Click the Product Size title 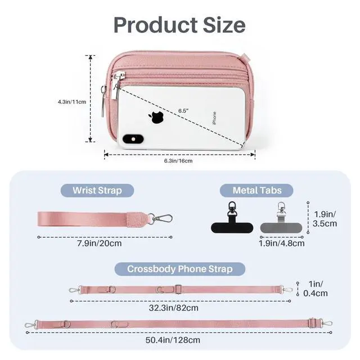tap(179, 25)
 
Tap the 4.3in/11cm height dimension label tap(72, 102)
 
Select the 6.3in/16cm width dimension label tap(178, 161)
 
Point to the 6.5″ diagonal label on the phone tap(183, 111)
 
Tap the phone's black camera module tap(133, 139)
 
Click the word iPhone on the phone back tap(214, 118)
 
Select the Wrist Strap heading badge tap(97, 191)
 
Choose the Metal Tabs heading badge tap(256, 191)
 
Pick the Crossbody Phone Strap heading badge tap(180, 269)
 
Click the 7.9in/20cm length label tap(100, 244)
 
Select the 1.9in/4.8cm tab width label tap(282, 244)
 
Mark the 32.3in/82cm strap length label tap(174, 308)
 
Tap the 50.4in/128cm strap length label tap(173, 340)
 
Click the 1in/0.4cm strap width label tap(316, 289)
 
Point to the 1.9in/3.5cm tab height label tap(325, 219)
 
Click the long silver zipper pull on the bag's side tap(103, 101)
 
